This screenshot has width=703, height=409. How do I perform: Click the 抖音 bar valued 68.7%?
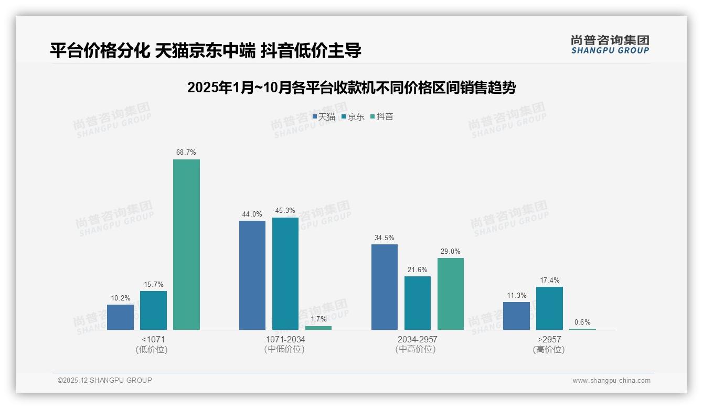pos(186,244)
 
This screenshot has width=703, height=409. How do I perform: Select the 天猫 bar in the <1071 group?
pos(120,317)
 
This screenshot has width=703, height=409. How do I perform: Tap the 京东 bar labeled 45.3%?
pos(285,273)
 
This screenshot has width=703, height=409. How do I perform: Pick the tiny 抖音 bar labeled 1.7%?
pos(318,328)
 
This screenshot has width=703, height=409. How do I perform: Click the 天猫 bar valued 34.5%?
pos(385,287)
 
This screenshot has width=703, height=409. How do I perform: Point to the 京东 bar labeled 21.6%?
pos(418,303)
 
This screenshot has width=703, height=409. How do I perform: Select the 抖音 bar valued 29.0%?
pos(451,294)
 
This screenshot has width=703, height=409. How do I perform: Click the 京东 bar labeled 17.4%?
pos(549,308)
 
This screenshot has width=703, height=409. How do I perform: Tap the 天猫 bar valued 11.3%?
pos(516,316)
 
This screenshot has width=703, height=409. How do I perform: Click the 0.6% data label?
pos(582,322)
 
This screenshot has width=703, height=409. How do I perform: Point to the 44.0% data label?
pos(252,214)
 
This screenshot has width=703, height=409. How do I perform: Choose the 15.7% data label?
pos(153,284)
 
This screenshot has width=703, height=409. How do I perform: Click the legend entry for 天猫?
pos(324,117)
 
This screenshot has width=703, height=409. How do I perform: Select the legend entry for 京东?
pos(353,117)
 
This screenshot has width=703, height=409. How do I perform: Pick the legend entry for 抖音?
pos(382,117)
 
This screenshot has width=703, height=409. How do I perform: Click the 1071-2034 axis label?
pos(285,339)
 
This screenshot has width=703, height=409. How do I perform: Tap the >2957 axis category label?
pos(549,339)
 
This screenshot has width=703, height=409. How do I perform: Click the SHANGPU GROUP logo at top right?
pos(610,45)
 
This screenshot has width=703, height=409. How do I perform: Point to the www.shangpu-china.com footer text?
pos(611,381)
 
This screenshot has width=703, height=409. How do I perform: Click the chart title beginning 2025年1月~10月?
pos(351,88)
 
